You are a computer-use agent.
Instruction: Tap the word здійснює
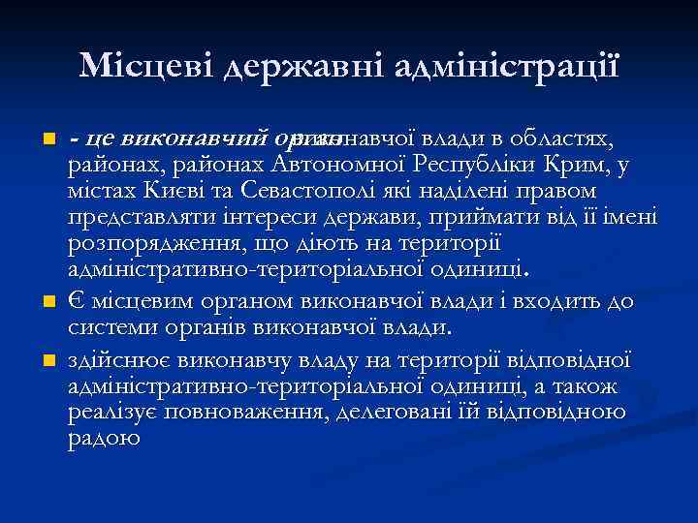pos(113,360)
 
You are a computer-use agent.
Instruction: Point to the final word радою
pos(104,439)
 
